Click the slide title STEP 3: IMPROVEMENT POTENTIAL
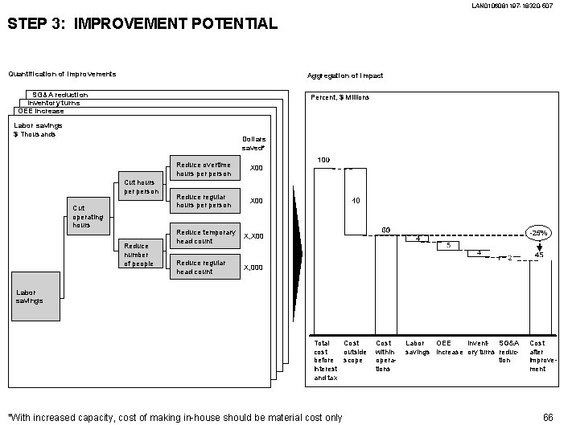coord(142,24)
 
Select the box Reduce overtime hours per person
coord(204,169)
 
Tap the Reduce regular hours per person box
coord(204,201)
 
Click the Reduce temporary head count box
coord(204,236)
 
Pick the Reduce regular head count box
coord(204,268)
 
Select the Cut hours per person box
coord(139,186)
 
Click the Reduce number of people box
coord(139,255)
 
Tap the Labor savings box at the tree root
coord(35,296)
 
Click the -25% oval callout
coord(538,233)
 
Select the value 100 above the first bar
coord(323,160)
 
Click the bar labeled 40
coord(355,202)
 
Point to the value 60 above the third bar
coord(385,231)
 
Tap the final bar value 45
coord(538,254)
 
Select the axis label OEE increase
coord(449,347)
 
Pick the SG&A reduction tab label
coord(60,95)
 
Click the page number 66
coord(549,416)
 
